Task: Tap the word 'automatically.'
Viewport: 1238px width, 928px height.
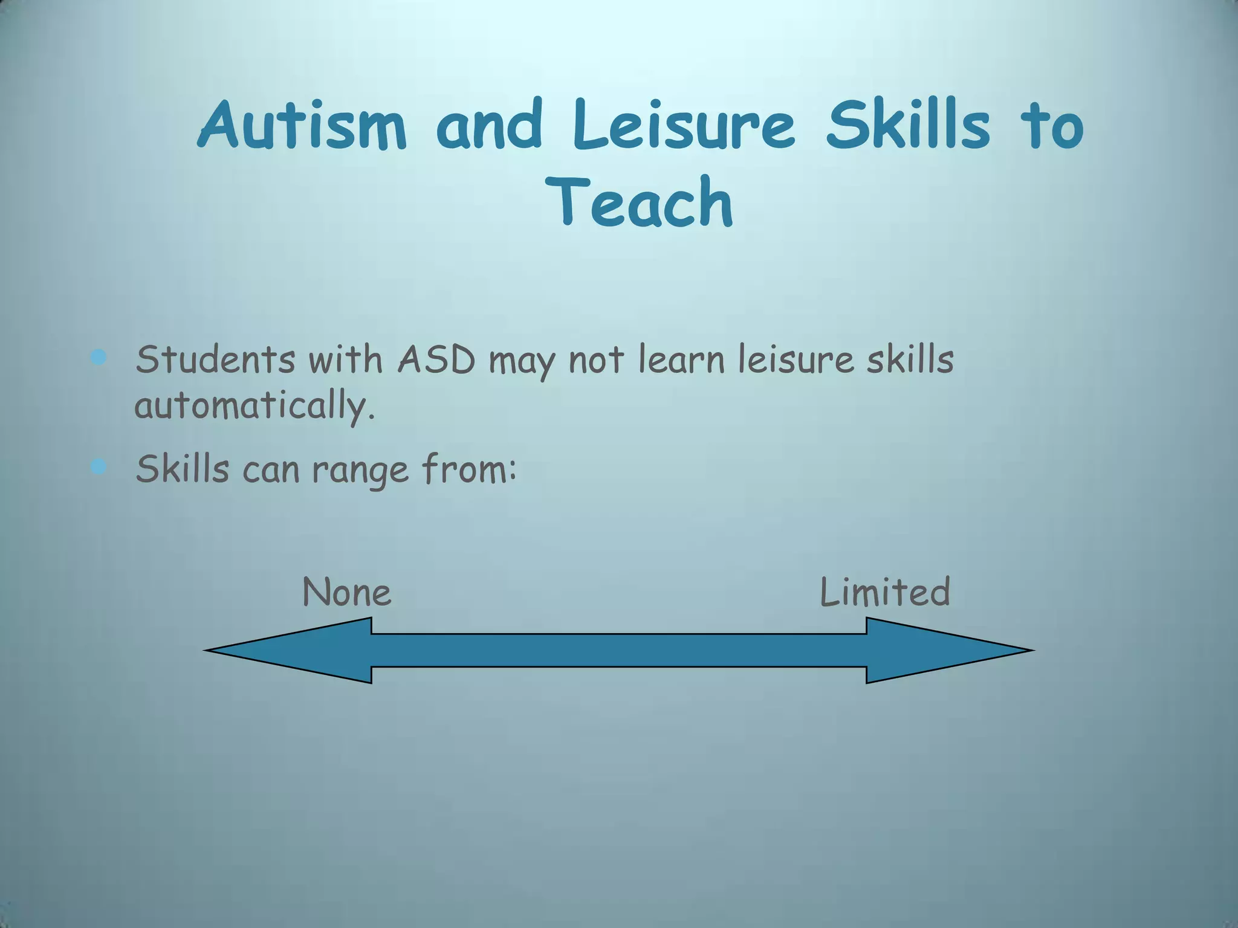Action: [254, 406]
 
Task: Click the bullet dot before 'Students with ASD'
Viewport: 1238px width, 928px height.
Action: [98, 357]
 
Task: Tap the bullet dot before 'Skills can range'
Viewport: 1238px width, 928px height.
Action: [98, 466]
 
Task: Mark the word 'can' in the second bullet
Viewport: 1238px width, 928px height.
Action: [271, 470]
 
